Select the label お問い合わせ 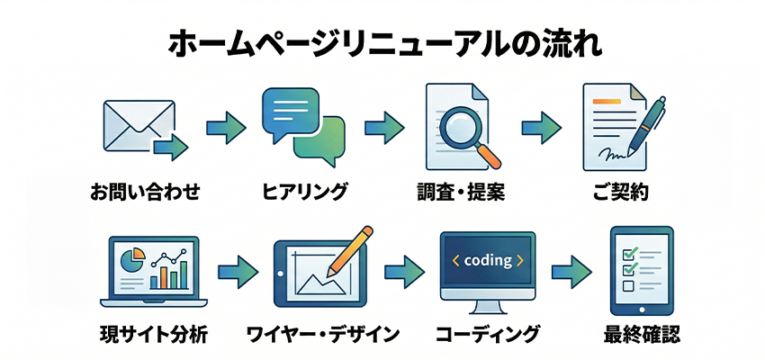pyautogui.click(x=144, y=191)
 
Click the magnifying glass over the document pyautogui.click(x=467, y=130)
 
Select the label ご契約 pyautogui.click(x=622, y=191)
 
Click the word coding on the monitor pyautogui.click(x=490, y=260)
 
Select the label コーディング pyautogui.click(x=489, y=336)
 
